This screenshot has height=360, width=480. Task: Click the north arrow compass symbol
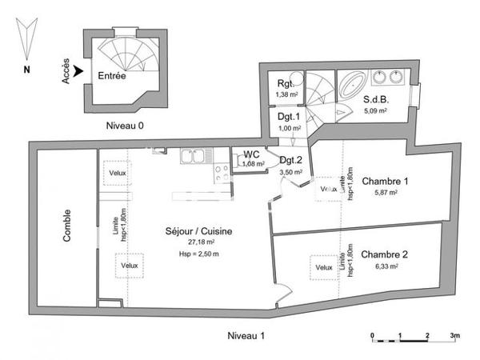27,42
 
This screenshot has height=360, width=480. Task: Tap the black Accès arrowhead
78,73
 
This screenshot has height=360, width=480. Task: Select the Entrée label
111,76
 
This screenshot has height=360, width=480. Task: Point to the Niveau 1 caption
246,334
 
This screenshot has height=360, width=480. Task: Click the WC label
251,154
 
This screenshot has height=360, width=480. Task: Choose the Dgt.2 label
290,160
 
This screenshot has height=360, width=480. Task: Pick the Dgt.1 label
288,117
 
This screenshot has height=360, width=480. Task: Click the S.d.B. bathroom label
376,100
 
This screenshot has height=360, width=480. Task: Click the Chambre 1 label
385,181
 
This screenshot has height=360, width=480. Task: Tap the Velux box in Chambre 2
323,267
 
